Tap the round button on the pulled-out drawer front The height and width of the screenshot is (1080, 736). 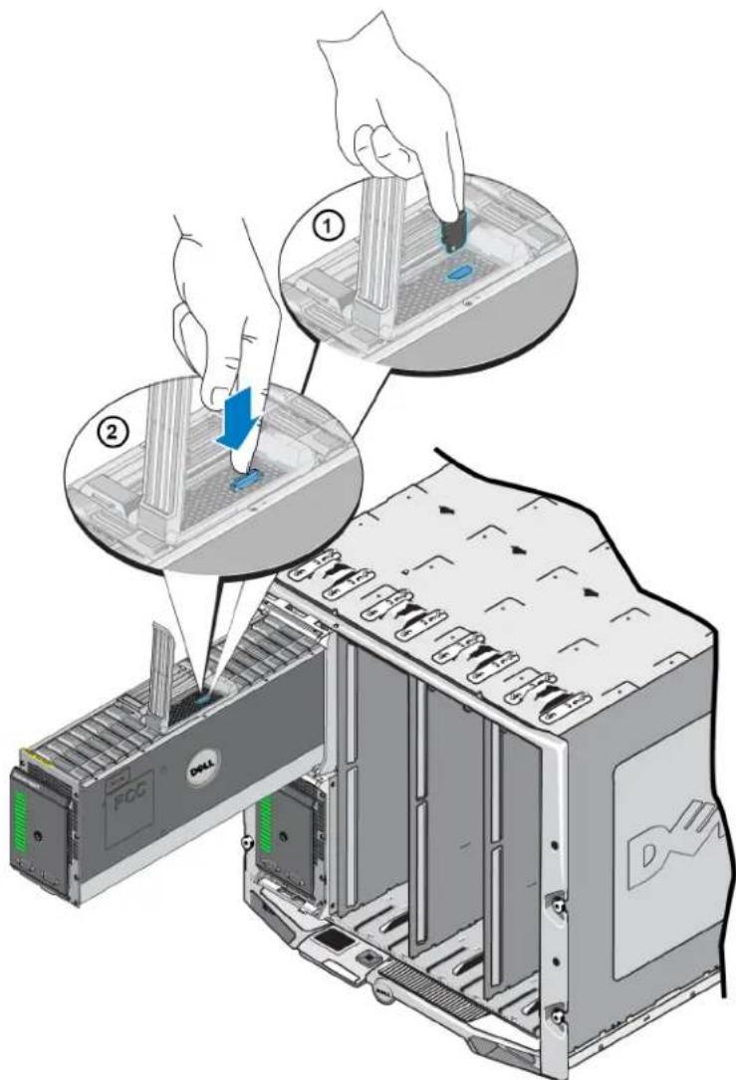tap(38, 835)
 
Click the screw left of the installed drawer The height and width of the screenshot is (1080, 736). tap(245, 842)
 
